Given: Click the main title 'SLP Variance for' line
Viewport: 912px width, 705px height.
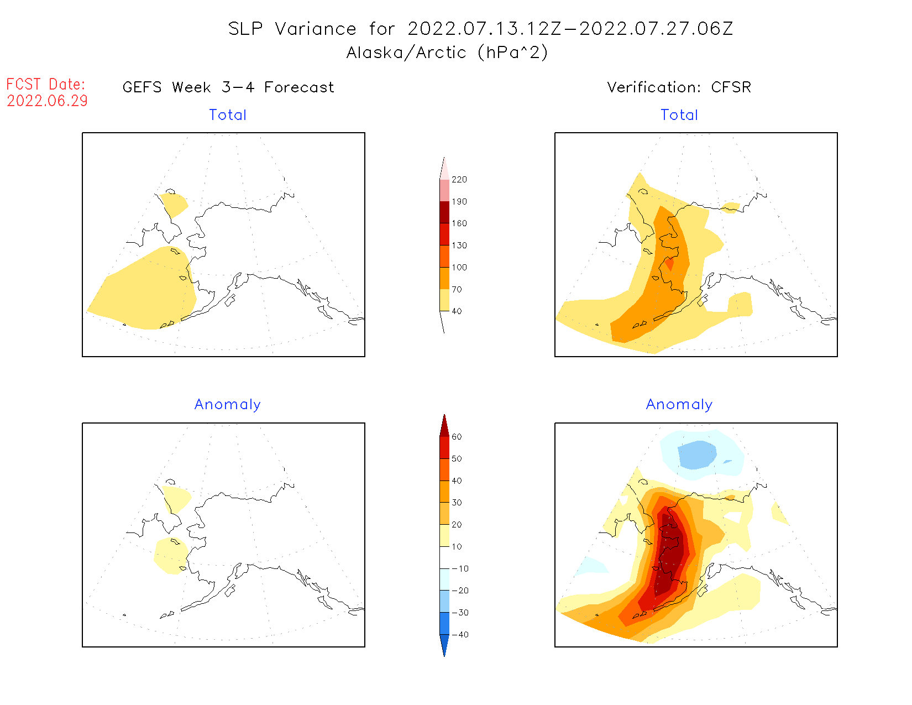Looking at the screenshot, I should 480,29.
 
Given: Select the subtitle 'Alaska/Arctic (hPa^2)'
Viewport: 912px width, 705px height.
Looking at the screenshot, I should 447,53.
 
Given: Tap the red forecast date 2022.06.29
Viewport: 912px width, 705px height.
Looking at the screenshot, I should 47,101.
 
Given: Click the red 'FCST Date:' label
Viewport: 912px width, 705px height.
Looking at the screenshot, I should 46,85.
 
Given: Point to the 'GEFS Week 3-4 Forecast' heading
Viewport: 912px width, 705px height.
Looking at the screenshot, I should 228,87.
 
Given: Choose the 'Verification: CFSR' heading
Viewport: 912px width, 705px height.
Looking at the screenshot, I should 679,87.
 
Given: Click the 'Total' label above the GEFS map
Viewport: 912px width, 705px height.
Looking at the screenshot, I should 228,115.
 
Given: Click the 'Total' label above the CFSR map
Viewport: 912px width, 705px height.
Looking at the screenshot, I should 679,115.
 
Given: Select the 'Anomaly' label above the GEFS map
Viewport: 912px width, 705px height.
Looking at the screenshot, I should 227,405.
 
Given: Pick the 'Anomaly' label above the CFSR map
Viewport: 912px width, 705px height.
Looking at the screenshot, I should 679,405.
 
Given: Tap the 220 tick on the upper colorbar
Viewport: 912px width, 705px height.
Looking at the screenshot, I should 459,180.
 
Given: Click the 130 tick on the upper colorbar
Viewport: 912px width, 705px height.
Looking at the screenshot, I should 459,246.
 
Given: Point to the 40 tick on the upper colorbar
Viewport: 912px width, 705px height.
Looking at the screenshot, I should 457,311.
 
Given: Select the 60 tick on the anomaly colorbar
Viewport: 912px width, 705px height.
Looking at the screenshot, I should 457,437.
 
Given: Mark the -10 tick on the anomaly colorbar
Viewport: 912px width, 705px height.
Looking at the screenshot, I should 460,569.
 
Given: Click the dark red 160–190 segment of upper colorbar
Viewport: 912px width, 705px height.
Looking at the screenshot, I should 444,212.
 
